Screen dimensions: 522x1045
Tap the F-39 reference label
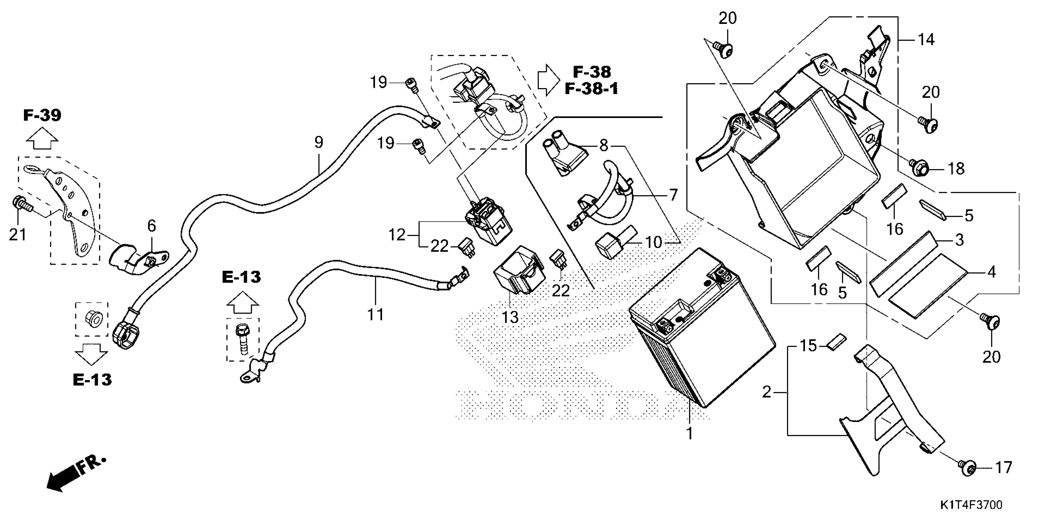tap(42, 115)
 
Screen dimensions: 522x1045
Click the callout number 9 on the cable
tap(319, 142)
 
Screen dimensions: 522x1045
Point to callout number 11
tap(376, 314)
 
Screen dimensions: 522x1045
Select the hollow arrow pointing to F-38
tap(548, 80)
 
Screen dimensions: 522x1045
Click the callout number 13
tap(510, 317)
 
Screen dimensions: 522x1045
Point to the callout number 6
tap(151, 226)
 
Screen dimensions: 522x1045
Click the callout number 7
tap(673, 195)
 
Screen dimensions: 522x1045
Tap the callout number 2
tap(766, 392)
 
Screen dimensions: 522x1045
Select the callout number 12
tap(397, 235)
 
